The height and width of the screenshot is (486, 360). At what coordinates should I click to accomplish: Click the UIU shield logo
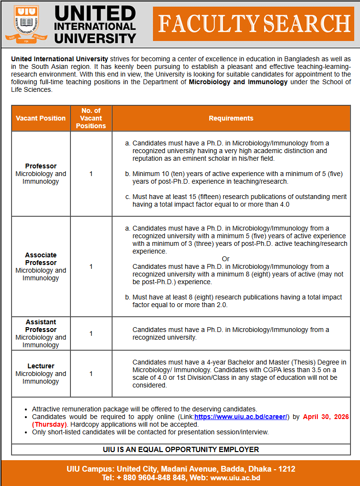[x=27, y=23]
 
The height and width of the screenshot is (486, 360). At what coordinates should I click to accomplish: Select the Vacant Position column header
[x=41, y=118]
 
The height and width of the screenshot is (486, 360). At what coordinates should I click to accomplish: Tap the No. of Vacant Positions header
[x=91, y=118]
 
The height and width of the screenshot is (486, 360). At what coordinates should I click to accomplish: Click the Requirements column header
[x=231, y=118]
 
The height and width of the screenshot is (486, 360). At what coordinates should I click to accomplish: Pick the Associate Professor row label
[x=41, y=259]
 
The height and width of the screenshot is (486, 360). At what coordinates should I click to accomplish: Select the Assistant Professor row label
[x=41, y=326]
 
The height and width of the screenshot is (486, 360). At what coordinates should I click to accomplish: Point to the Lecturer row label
[x=41, y=366]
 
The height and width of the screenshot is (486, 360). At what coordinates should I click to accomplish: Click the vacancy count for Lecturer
[x=91, y=374]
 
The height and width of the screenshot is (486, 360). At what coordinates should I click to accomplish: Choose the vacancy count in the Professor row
[x=91, y=174]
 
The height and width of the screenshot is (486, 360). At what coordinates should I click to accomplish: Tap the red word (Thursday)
[x=49, y=424]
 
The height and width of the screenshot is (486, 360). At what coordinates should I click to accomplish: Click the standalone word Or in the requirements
[x=226, y=259]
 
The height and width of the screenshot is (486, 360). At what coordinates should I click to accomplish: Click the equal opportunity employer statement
[x=180, y=450]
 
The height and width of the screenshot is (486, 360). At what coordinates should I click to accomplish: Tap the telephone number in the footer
[x=144, y=477]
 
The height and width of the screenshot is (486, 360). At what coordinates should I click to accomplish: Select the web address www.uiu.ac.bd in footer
[x=235, y=477]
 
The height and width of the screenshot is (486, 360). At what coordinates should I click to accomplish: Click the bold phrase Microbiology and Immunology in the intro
[x=238, y=82]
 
